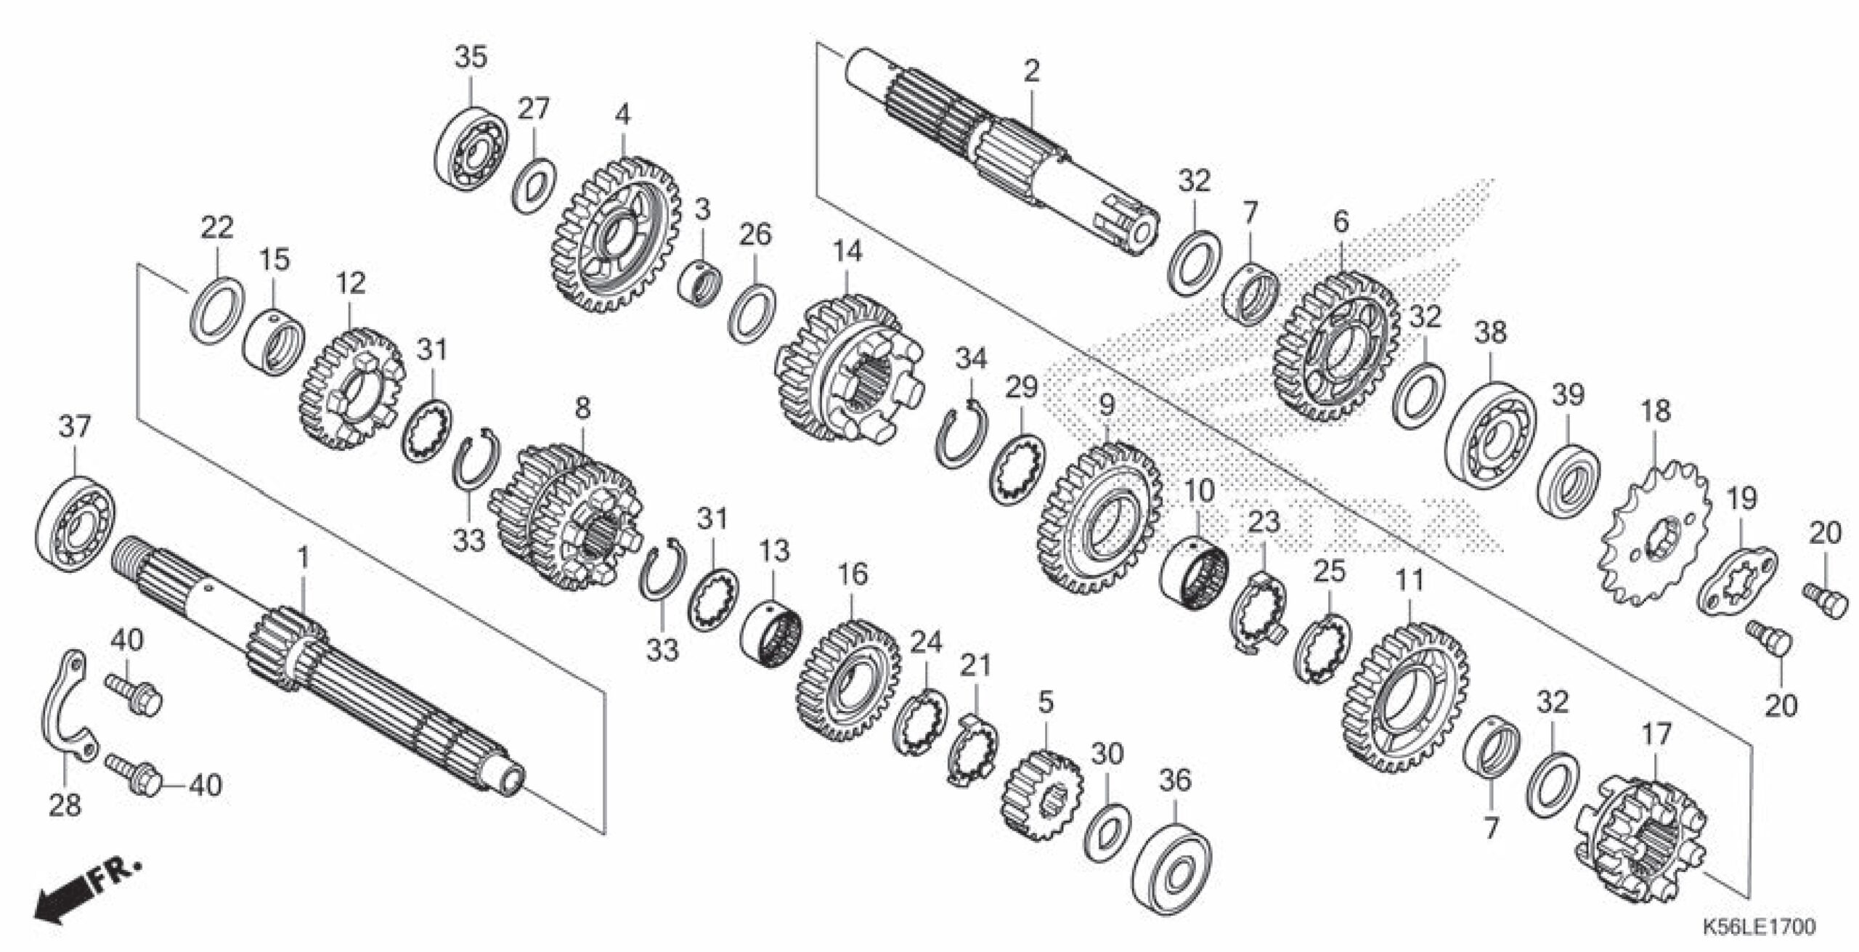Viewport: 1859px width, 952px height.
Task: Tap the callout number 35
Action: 471,57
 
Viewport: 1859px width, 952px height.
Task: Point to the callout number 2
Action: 1031,71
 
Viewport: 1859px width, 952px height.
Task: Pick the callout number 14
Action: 847,252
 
